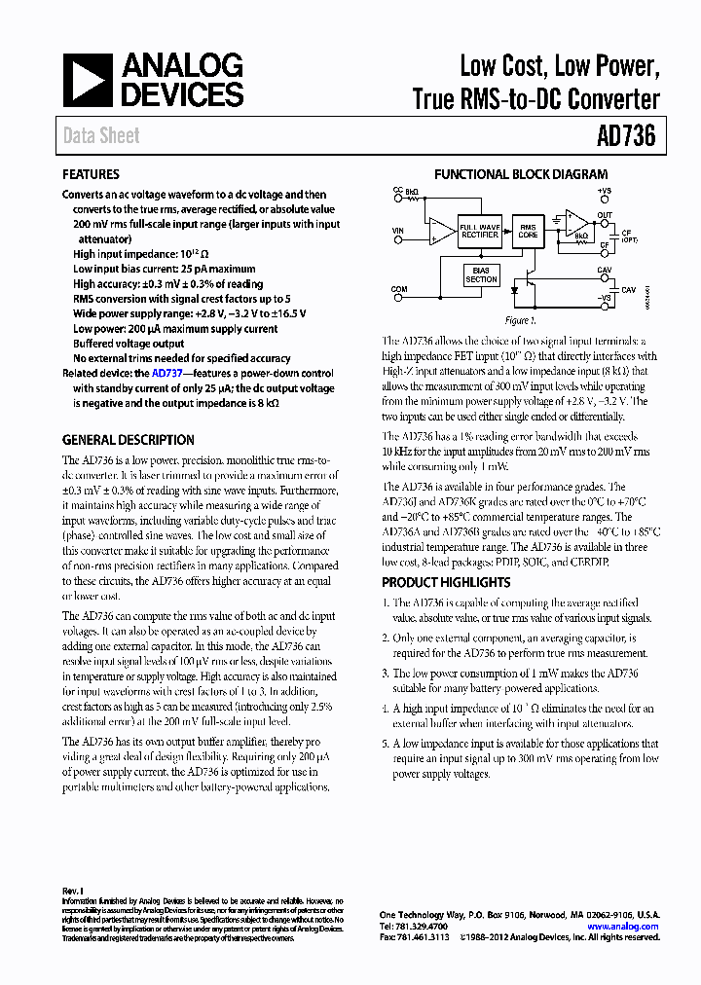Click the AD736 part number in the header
(x=626, y=137)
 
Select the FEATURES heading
(x=92, y=175)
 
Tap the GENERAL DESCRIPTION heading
(x=129, y=440)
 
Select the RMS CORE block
(x=528, y=231)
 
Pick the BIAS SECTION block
(x=481, y=274)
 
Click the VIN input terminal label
(x=397, y=231)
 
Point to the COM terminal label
(x=399, y=289)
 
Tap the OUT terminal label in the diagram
(x=605, y=215)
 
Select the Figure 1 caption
(x=517, y=320)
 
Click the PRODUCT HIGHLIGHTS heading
(x=446, y=582)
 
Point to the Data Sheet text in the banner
(x=101, y=137)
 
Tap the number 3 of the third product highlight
(x=386, y=674)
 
